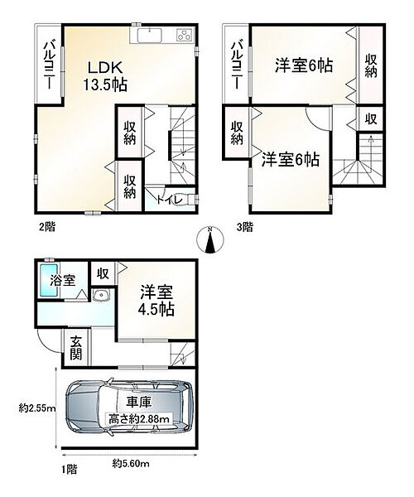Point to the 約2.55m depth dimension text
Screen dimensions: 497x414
(32, 408)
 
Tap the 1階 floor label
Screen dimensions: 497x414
(71, 468)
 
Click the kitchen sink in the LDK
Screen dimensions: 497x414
(150, 36)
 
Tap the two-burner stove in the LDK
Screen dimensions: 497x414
(182, 36)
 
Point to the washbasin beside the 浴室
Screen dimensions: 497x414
(101, 296)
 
